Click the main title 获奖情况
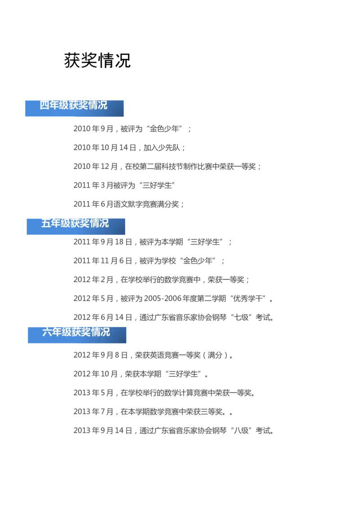[x=97, y=60]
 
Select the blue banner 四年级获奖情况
[x=74, y=108]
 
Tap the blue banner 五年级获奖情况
[x=76, y=227]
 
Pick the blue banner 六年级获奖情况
[x=77, y=335]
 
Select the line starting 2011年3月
[x=124, y=185]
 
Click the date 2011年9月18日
[x=103, y=242]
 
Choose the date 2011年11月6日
[x=103, y=261]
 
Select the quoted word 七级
[x=242, y=317]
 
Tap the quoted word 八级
[x=242, y=430]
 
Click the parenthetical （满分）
[x=215, y=355]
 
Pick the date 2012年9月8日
[x=100, y=355]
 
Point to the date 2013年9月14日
[x=103, y=430]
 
